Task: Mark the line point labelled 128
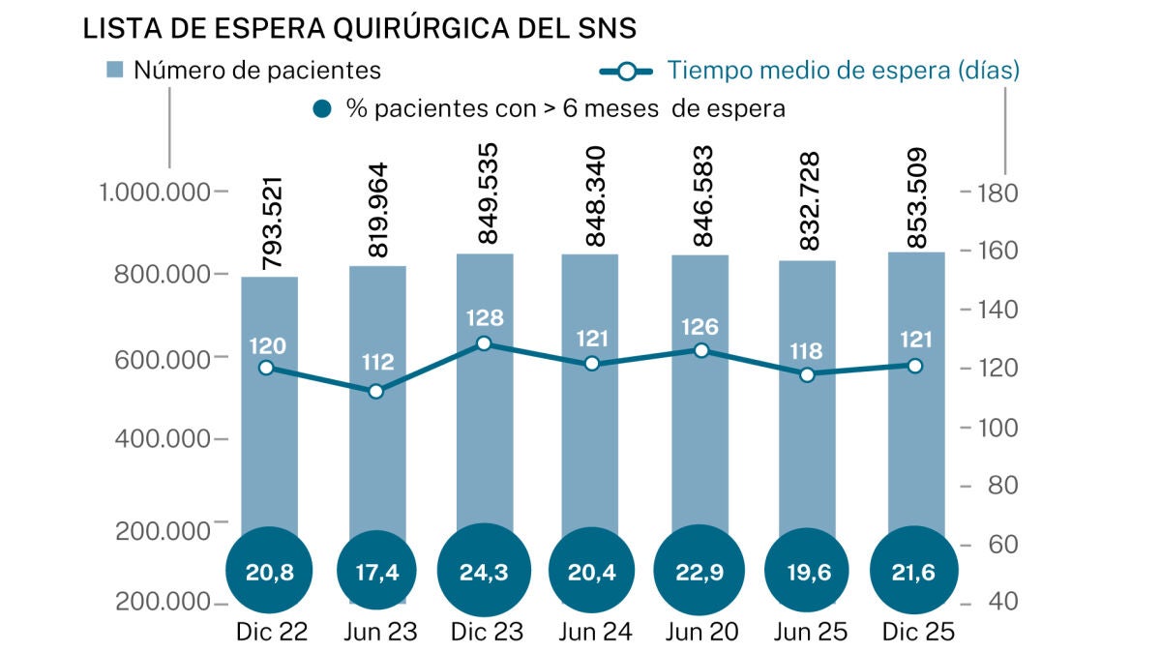click(485, 343)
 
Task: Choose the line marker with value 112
click(376, 391)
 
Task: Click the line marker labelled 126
click(701, 350)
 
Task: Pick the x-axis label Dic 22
click(271, 633)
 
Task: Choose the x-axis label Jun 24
click(595, 633)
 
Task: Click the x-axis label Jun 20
click(701, 633)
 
